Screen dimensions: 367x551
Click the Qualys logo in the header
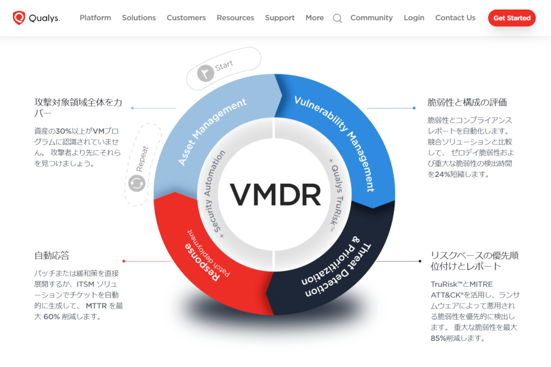click(x=36, y=18)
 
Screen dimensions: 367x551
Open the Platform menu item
click(x=96, y=18)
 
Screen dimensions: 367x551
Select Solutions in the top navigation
click(x=139, y=18)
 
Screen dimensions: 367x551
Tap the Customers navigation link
click(x=186, y=18)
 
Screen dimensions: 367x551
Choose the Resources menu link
click(x=235, y=18)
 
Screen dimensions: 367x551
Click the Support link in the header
click(x=280, y=18)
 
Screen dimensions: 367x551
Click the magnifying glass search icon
click(x=337, y=18)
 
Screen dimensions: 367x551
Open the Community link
click(x=371, y=18)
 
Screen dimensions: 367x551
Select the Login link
click(x=414, y=18)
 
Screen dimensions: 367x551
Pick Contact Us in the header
click(x=455, y=18)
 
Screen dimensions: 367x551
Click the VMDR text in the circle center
click(x=275, y=195)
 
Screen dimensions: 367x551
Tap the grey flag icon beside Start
click(x=205, y=73)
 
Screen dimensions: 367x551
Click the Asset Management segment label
click(x=212, y=132)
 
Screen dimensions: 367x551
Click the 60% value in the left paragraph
click(x=51, y=317)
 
